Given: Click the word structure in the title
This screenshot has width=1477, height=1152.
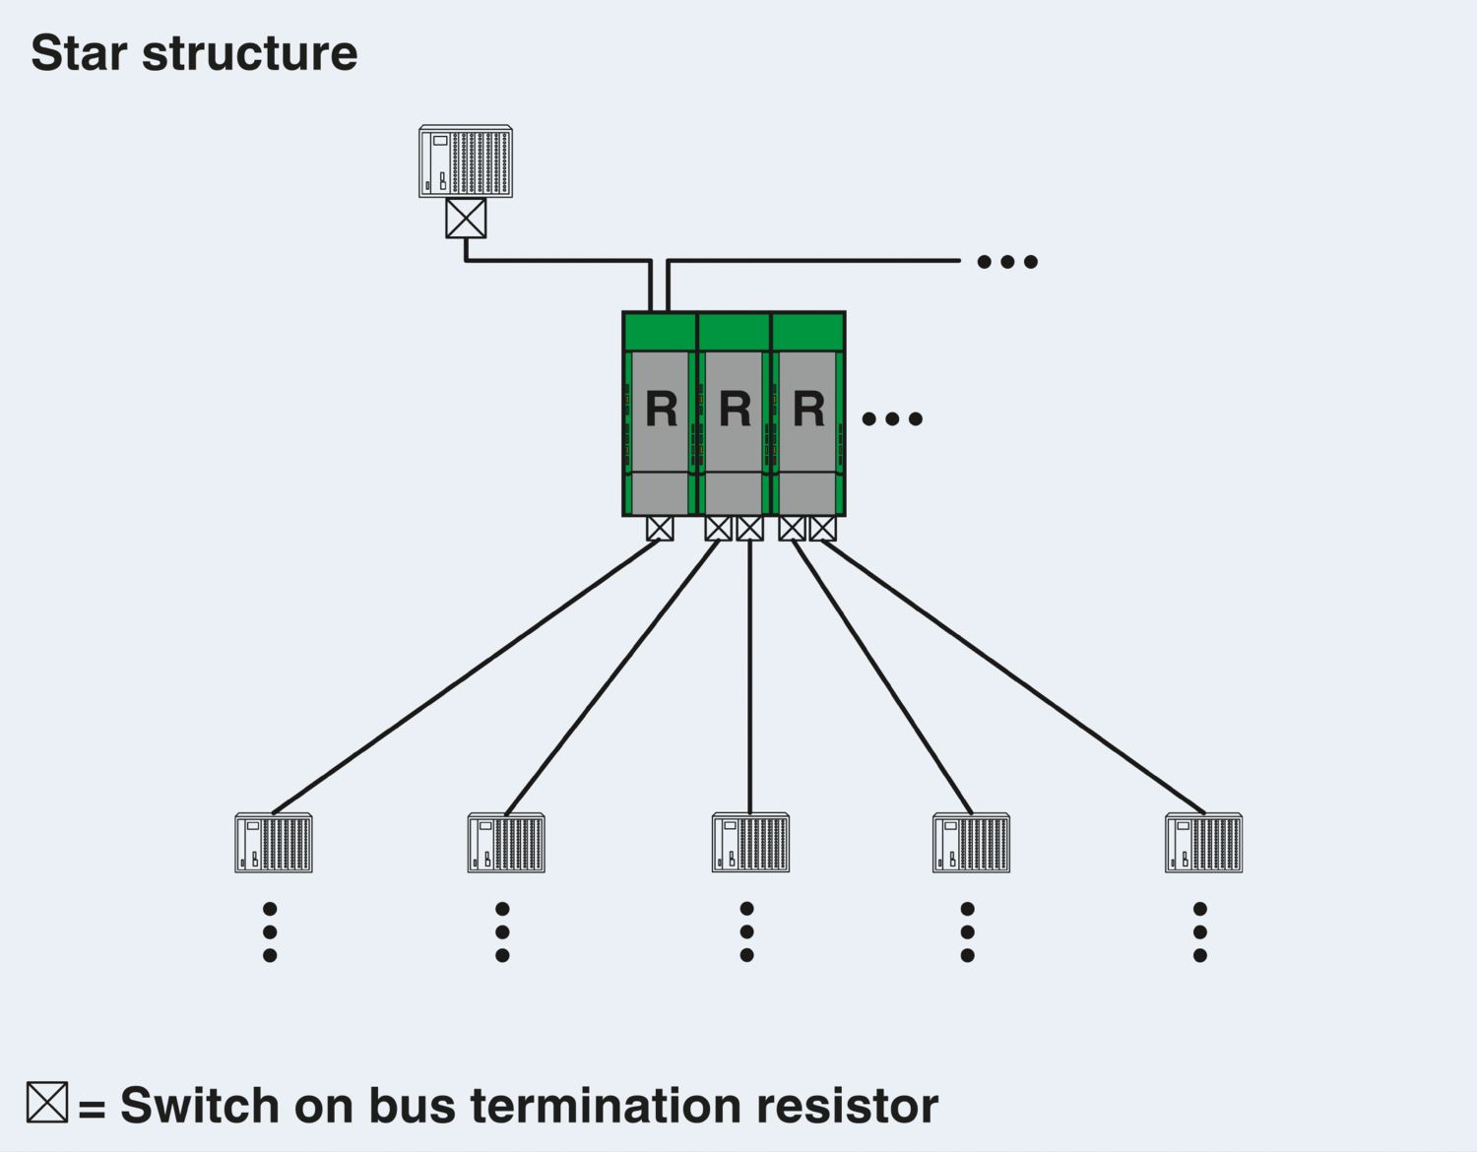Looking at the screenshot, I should coord(250,53).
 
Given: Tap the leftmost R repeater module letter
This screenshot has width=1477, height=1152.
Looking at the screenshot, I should coord(661,409).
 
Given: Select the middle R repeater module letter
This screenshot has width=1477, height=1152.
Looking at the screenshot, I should coord(735,409).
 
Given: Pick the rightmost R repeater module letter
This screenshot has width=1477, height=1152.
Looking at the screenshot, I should coord(808,409).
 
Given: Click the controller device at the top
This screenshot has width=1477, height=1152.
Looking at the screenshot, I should coord(466,161).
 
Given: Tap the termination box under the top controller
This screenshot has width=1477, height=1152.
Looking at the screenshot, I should coord(466,218).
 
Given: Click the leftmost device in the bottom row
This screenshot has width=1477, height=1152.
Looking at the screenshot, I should coord(274,843).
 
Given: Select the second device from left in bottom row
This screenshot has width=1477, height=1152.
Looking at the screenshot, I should coord(506,843).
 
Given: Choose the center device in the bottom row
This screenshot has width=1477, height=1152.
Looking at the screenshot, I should coord(750,843).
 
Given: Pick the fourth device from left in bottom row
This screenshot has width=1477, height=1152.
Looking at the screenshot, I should coord(971,843).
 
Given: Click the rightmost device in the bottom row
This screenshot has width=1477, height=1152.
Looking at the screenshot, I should coord(1203,843).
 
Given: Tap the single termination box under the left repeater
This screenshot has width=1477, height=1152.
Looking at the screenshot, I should coord(660,529).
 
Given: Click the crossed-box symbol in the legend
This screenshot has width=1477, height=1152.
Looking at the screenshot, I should coord(47,1102).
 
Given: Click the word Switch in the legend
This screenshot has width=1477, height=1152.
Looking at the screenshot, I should coord(200,1106).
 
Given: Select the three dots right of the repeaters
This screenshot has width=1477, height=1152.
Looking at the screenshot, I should coord(892,418).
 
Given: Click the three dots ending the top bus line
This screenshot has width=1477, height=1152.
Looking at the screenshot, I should coord(1007,262).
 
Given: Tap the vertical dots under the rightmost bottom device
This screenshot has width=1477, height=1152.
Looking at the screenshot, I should coord(1199,931).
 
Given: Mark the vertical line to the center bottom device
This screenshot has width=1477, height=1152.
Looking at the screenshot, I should coord(749,679).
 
